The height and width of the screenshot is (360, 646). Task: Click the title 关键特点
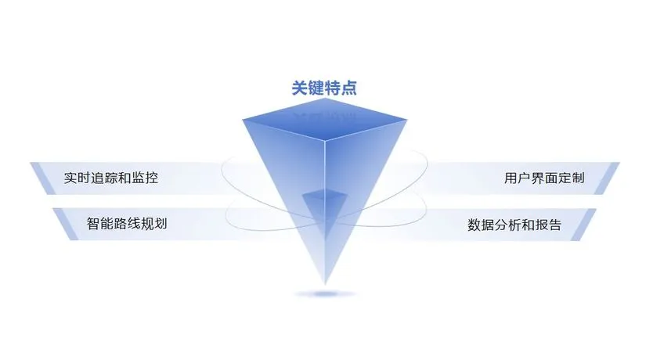tap(324, 88)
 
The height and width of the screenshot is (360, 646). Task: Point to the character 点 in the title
tap(348, 88)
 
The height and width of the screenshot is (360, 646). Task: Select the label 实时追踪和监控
tap(111, 178)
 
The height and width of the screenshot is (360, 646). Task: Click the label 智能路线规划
tap(127, 224)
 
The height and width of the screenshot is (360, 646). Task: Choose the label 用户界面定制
tap(544, 178)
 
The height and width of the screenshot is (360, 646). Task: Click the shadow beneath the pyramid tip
tap(324, 294)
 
